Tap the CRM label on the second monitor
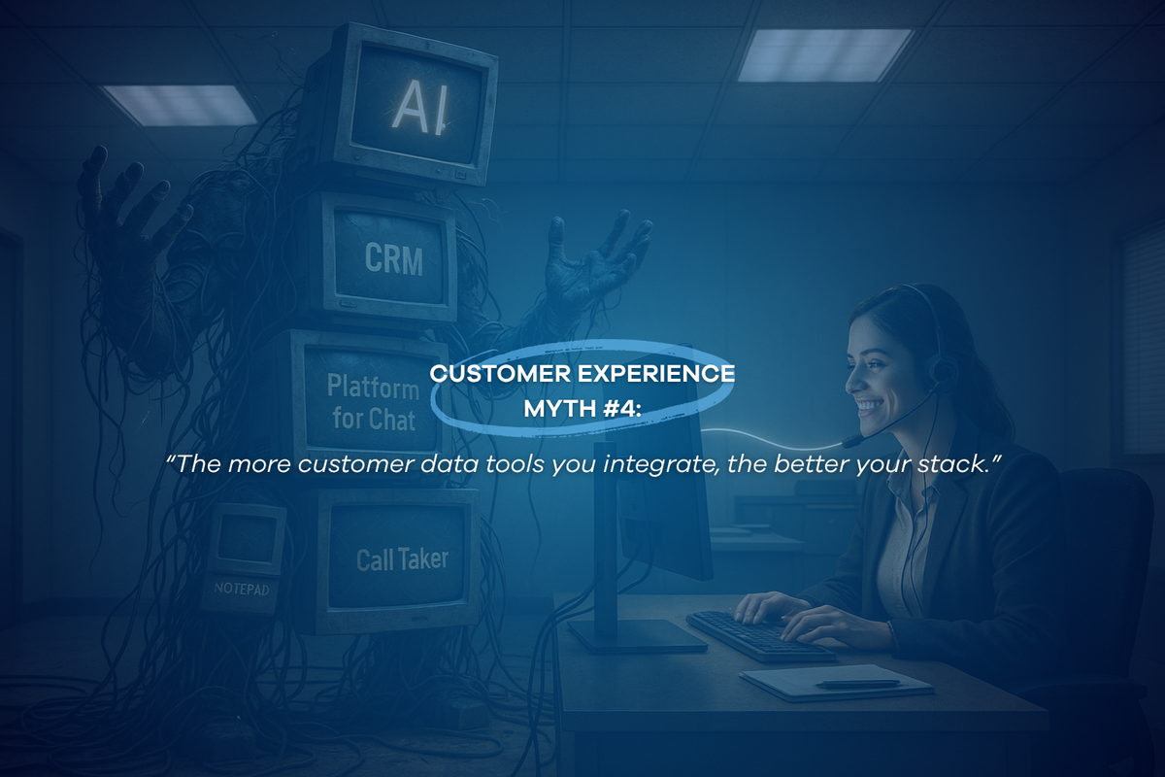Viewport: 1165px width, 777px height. pyautogui.click(x=394, y=257)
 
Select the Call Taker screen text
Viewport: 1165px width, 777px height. pyautogui.click(x=401, y=560)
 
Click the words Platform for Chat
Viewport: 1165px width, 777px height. pyautogui.click(x=372, y=402)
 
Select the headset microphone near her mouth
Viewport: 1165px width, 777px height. pyautogui.click(x=852, y=440)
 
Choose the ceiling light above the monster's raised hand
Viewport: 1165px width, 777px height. pyautogui.click(x=179, y=105)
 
